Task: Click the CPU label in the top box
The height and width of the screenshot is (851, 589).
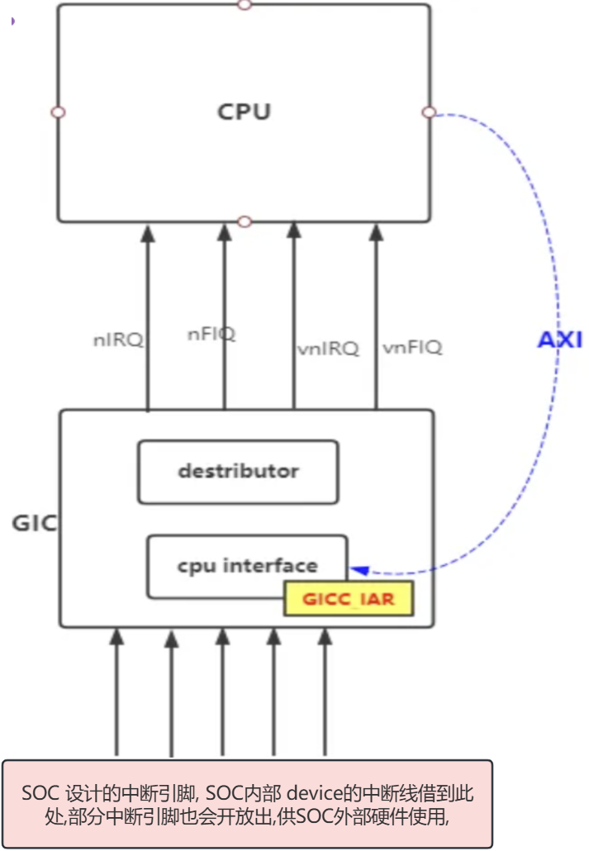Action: (244, 112)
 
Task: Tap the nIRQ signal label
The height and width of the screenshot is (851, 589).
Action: (119, 339)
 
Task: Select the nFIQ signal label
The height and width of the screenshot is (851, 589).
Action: (212, 334)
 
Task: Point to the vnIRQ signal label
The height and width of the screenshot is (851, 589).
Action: (328, 349)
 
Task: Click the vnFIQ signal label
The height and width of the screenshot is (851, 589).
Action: (412, 348)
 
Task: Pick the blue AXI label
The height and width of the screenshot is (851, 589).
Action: (560, 340)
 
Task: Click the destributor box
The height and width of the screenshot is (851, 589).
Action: (238, 472)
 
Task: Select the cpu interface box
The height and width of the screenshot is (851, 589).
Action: (247, 567)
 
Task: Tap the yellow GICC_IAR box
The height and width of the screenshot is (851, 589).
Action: (348, 599)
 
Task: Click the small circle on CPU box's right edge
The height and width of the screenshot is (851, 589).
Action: (428, 112)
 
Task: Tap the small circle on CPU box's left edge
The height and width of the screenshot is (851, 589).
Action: (58, 112)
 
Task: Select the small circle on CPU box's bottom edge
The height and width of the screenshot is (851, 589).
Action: (244, 221)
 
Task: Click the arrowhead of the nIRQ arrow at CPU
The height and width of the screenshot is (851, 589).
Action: (148, 233)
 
